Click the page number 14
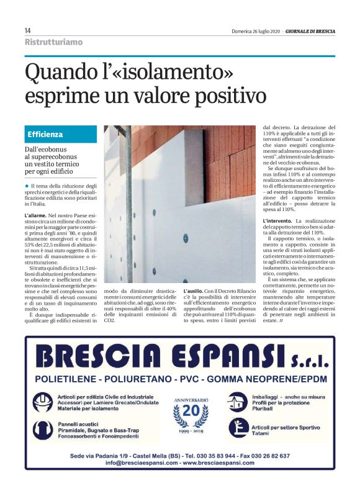[x=28, y=30]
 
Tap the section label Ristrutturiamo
[x=53, y=42]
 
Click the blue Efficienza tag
[x=45, y=134]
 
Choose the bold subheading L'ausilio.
[x=196, y=291]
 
